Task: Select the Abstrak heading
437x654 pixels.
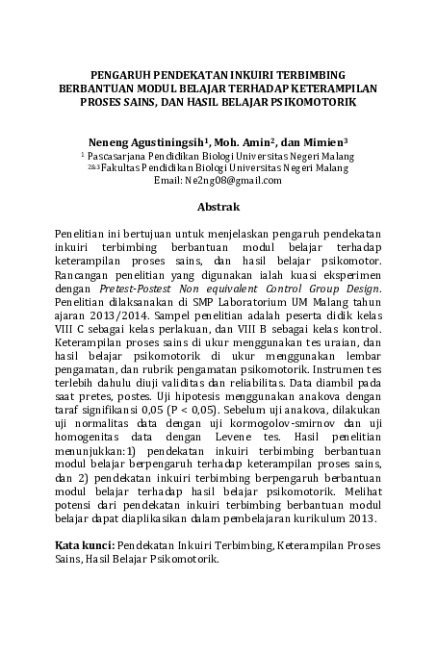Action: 218,207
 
